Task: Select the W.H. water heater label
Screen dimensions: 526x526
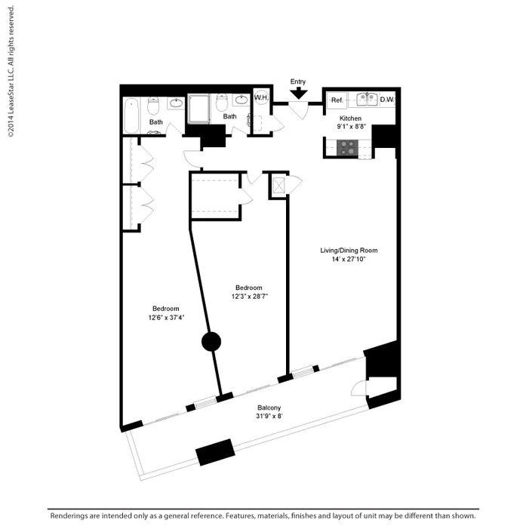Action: tap(262, 98)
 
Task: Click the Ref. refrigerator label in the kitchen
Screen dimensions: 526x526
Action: tap(337, 100)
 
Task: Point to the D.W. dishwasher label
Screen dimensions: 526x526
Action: tap(387, 100)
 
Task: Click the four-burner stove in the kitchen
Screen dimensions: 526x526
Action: tap(348, 148)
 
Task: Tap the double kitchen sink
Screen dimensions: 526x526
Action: tap(366, 99)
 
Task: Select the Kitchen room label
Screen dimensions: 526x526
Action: tap(350, 118)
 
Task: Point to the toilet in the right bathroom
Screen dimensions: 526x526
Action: tap(222, 103)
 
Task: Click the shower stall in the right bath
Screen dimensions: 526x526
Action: tap(198, 108)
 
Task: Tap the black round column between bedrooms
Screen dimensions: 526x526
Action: tap(211, 343)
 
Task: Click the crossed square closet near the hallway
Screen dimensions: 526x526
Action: tap(278, 186)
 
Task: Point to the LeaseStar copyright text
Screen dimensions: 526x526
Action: tap(11, 72)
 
